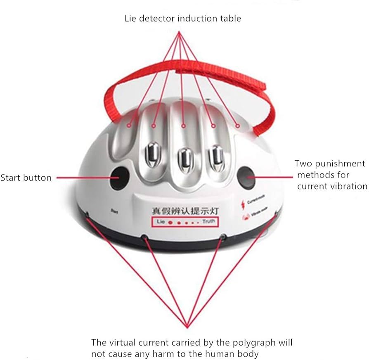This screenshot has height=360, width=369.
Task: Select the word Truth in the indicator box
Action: click(x=208, y=222)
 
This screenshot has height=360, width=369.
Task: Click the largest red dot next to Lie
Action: click(x=170, y=222)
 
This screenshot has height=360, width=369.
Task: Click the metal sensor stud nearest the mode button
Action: click(x=215, y=156)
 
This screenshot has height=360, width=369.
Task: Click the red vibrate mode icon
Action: click(x=243, y=215)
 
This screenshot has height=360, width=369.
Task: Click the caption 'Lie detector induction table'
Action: click(x=183, y=18)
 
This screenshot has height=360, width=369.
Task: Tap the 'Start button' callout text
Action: click(x=26, y=178)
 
